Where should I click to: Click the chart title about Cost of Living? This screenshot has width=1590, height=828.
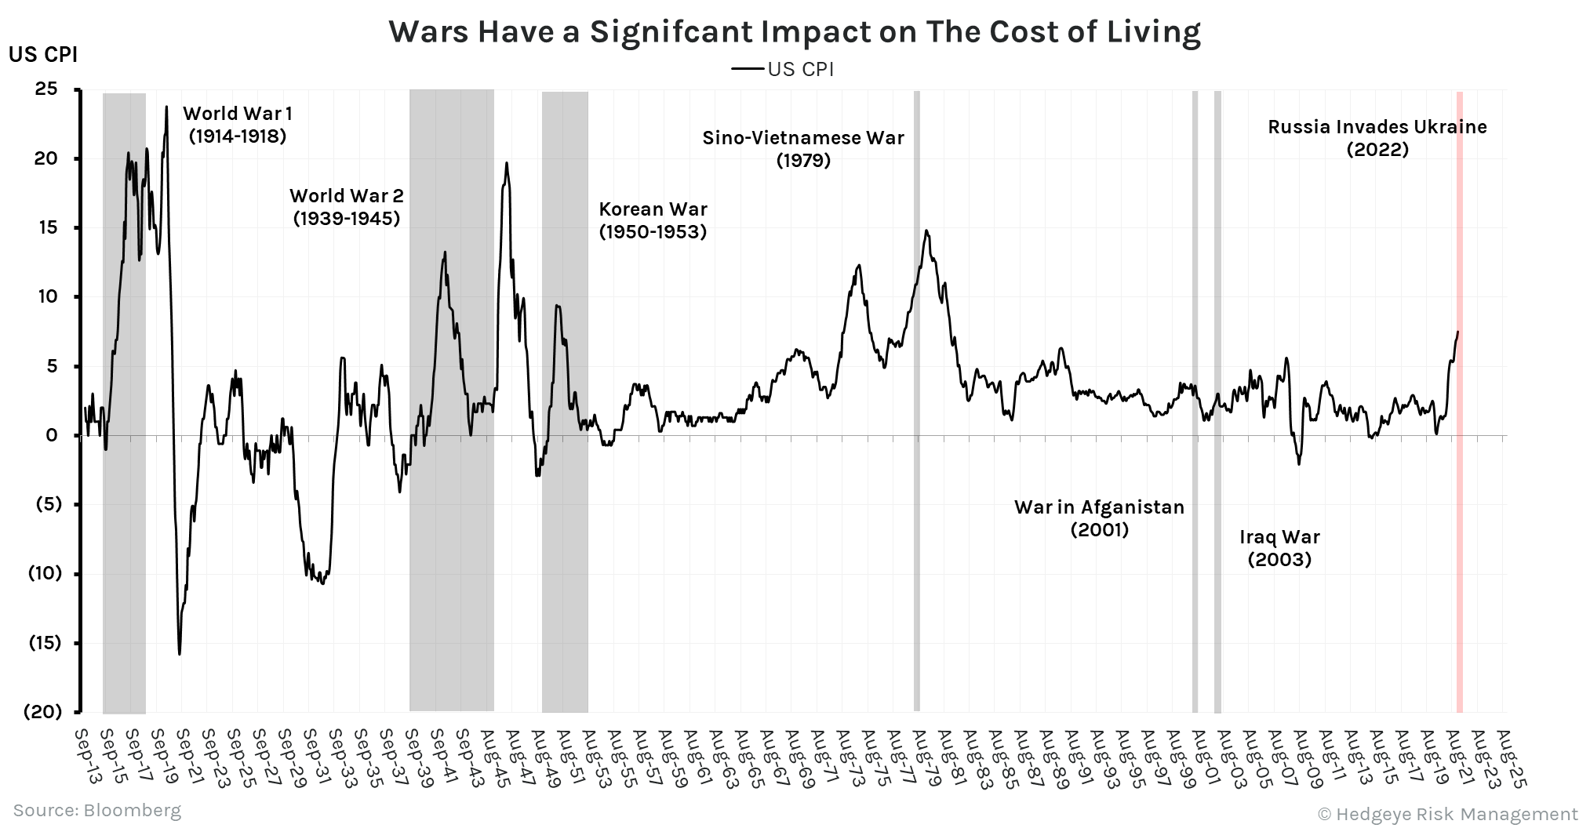click(795, 31)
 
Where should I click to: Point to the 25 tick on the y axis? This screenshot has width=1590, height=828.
click(46, 89)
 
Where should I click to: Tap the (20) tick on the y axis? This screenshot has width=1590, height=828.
click(42, 711)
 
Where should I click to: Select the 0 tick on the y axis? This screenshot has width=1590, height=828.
click(52, 435)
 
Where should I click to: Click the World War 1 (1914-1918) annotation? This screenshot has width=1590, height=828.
click(238, 125)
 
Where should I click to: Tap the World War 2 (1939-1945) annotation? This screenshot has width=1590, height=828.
click(347, 207)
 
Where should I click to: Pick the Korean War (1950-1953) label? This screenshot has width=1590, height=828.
click(653, 220)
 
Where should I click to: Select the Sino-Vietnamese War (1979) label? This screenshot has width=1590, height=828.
click(803, 149)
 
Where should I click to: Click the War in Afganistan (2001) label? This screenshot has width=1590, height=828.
click(1099, 518)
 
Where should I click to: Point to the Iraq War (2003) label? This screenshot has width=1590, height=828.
click(1279, 548)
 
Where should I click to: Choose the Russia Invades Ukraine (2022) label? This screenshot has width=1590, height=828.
click(1377, 138)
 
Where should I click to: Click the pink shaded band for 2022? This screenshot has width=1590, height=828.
click(1460, 549)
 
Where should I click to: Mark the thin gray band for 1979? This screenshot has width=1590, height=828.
click(916, 549)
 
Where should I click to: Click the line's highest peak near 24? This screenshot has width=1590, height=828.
click(166, 107)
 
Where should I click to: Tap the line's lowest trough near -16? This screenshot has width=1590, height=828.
click(180, 654)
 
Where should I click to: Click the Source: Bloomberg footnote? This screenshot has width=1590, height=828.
click(96, 810)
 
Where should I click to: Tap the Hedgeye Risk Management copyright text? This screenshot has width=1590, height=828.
click(1447, 814)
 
